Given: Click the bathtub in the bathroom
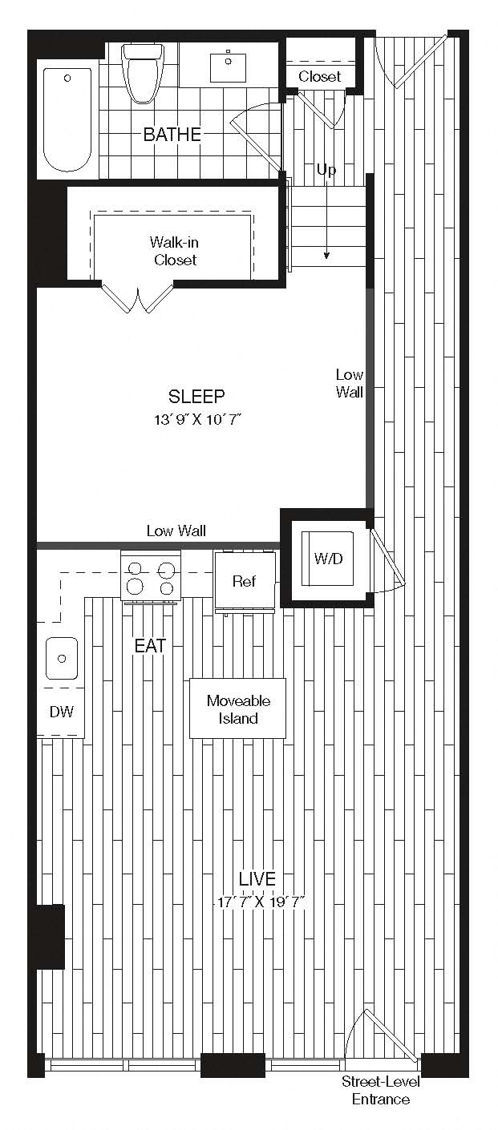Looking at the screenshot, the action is (67, 119).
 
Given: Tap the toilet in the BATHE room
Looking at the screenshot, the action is (145, 73).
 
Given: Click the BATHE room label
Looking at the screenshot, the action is (172, 134).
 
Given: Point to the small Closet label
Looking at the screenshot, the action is (319, 77).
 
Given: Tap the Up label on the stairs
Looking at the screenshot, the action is (326, 170).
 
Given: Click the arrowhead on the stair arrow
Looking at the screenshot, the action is (326, 256).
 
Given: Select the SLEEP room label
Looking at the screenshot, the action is (196, 396).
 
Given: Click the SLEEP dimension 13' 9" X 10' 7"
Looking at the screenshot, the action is (198, 419).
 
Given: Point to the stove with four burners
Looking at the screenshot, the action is (150, 576).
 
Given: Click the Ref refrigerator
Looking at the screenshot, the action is (245, 582).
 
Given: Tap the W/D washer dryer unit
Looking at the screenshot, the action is (327, 558).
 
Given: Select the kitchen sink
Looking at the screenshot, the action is (62, 658).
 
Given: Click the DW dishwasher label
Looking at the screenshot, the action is (62, 712).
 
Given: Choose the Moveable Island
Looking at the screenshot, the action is (237, 708).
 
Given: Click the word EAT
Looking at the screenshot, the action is (150, 646).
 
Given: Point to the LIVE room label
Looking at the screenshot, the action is (257, 878).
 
